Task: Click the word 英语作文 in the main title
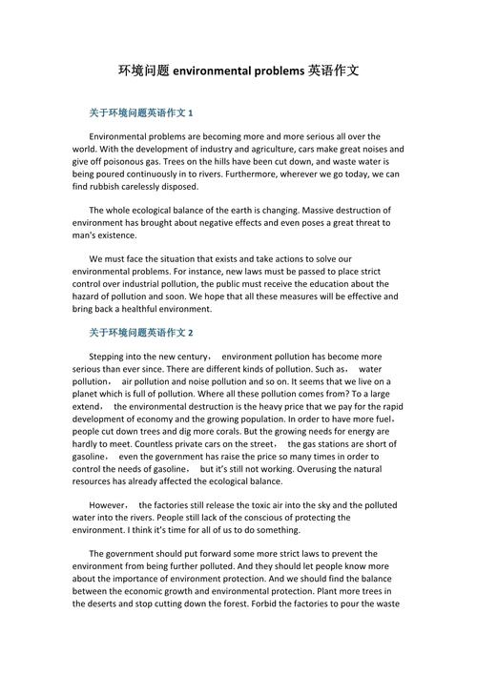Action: point(334,71)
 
